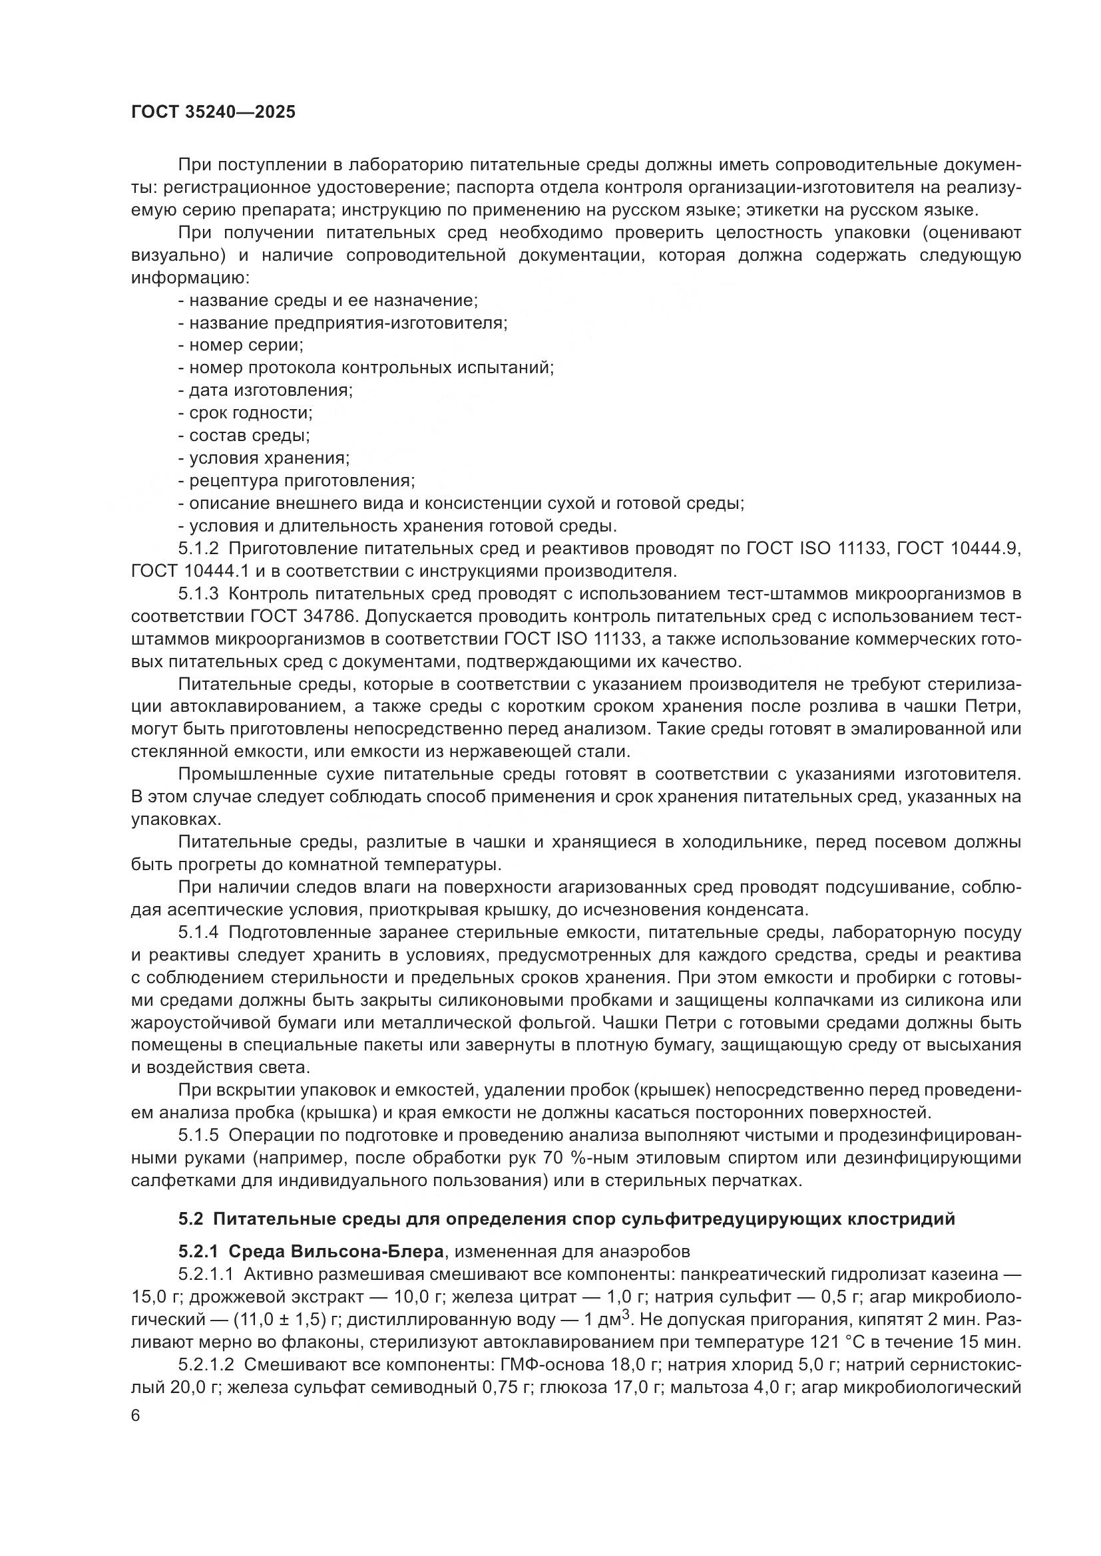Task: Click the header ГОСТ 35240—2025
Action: point(214,112)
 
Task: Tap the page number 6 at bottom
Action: point(136,1416)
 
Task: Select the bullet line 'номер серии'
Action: point(241,345)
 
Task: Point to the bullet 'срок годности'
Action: point(246,412)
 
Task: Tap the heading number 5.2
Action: point(190,1219)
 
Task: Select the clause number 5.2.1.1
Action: point(206,1273)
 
